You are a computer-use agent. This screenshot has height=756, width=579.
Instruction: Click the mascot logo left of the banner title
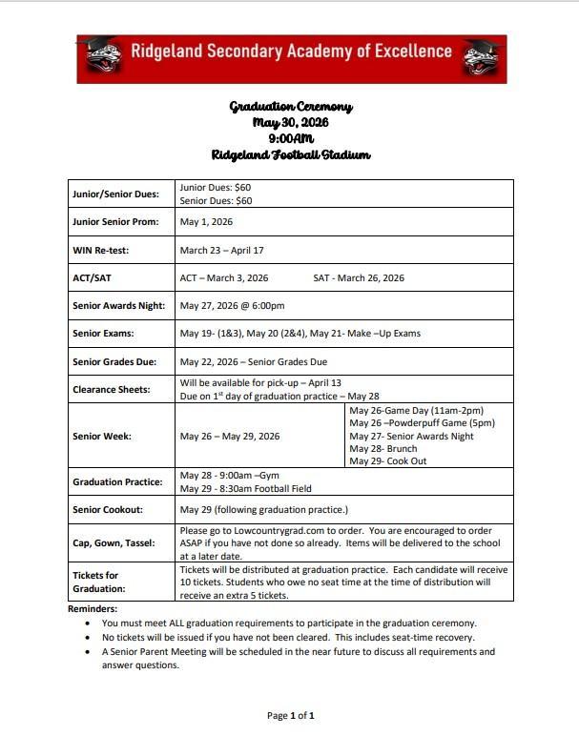click(x=101, y=58)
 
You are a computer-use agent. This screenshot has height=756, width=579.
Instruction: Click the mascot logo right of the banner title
click(x=483, y=58)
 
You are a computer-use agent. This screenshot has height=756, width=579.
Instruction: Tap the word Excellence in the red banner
click(x=406, y=51)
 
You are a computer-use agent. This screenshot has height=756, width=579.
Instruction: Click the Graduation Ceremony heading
click(x=291, y=107)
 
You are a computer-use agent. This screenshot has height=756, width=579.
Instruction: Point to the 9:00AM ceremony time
click(x=291, y=138)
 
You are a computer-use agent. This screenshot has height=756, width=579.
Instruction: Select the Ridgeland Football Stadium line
click(x=291, y=154)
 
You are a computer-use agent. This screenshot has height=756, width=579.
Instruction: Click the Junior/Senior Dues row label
click(x=115, y=194)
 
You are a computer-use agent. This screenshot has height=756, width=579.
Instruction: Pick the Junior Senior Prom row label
click(x=115, y=222)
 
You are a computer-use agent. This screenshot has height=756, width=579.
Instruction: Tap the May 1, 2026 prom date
click(x=206, y=222)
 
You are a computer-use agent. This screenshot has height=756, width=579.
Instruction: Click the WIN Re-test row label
click(x=101, y=251)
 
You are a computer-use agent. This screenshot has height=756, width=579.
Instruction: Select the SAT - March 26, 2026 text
click(x=359, y=278)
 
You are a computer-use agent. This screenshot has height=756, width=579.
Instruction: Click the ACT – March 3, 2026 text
click(x=224, y=278)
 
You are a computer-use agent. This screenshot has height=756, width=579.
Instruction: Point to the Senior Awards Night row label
click(x=119, y=306)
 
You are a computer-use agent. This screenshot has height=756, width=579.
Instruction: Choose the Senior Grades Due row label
click(x=116, y=362)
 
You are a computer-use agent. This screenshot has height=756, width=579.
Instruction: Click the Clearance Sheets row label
click(x=113, y=389)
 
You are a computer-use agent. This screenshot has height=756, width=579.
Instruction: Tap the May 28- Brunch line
click(x=384, y=448)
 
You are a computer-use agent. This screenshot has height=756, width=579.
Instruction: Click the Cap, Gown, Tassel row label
click(x=114, y=543)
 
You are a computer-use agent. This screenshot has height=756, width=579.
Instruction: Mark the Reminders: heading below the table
click(x=93, y=608)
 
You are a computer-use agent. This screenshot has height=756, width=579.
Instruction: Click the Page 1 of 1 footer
click(x=291, y=715)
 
